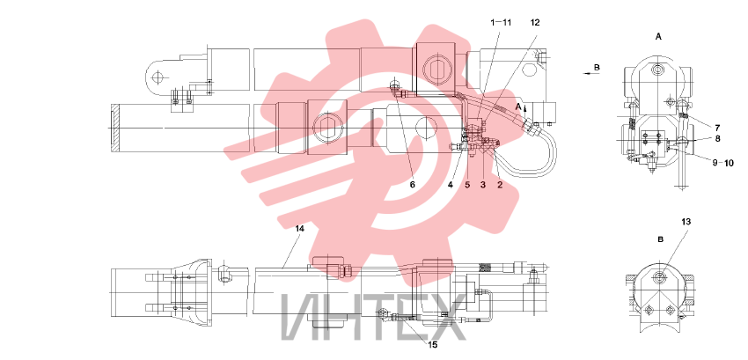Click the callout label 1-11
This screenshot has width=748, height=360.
501,22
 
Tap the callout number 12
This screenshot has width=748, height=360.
535,22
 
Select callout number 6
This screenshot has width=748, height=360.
413,185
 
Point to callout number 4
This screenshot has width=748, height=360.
451,185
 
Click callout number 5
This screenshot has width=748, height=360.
467,185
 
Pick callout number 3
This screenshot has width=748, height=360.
483,185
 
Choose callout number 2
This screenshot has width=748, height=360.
500,185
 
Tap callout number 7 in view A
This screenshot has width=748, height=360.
717,128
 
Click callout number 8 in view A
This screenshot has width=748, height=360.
717,139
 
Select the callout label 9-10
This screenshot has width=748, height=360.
723,163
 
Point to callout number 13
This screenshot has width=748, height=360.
686,222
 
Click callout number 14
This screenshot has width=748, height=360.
299,229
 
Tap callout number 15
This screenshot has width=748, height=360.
433,345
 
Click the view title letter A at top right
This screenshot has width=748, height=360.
659,36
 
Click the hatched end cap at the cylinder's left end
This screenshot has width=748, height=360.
114,129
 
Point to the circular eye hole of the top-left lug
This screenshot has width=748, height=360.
157,77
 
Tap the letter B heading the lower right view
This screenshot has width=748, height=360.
661,239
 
